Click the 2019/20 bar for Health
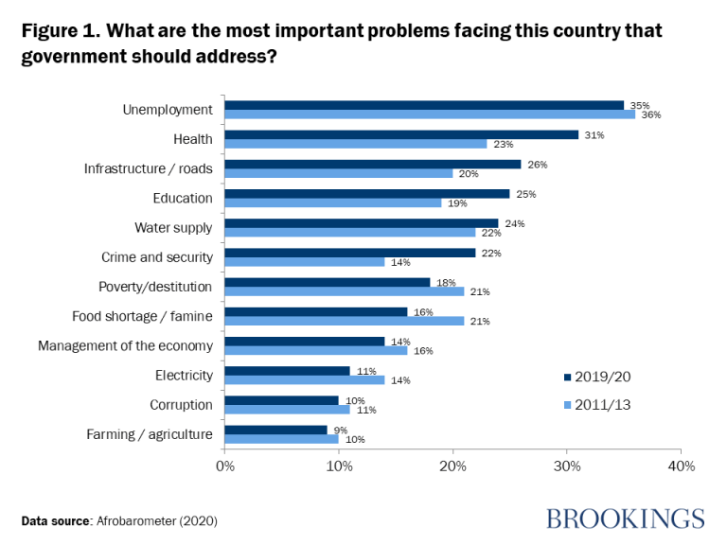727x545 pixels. pyautogui.click(x=401, y=134)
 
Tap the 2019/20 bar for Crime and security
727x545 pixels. pyautogui.click(x=350, y=252)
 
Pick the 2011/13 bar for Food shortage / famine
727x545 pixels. pyautogui.click(x=345, y=321)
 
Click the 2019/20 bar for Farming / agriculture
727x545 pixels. pyautogui.click(x=276, y=430)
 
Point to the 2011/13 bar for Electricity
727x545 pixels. pyautogui.click(x=305, y=379)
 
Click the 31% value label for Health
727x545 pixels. pyautogui.click(x=594, y=134)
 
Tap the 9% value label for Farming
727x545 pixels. pyautogui.click(x=341, y=429)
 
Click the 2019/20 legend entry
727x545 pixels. pyautogui.click(x=596, y=377)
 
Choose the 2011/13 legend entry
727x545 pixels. pyautogui.click(x=596, y=403)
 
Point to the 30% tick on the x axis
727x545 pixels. pyautogui.click(x=567, y=466)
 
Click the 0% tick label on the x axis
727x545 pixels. pyautogui.click(x=225, y=466)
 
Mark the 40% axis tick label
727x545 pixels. pyautogui.click(x=681, y=466)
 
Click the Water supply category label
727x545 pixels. pyautogui.click(x=173, y=227)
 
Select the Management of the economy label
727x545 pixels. pyautogui.click(x=125, y=345)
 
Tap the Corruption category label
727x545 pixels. pyautogui.click(x=181, y=404)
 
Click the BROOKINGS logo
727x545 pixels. pyautogui.click(x=625, y=519)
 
